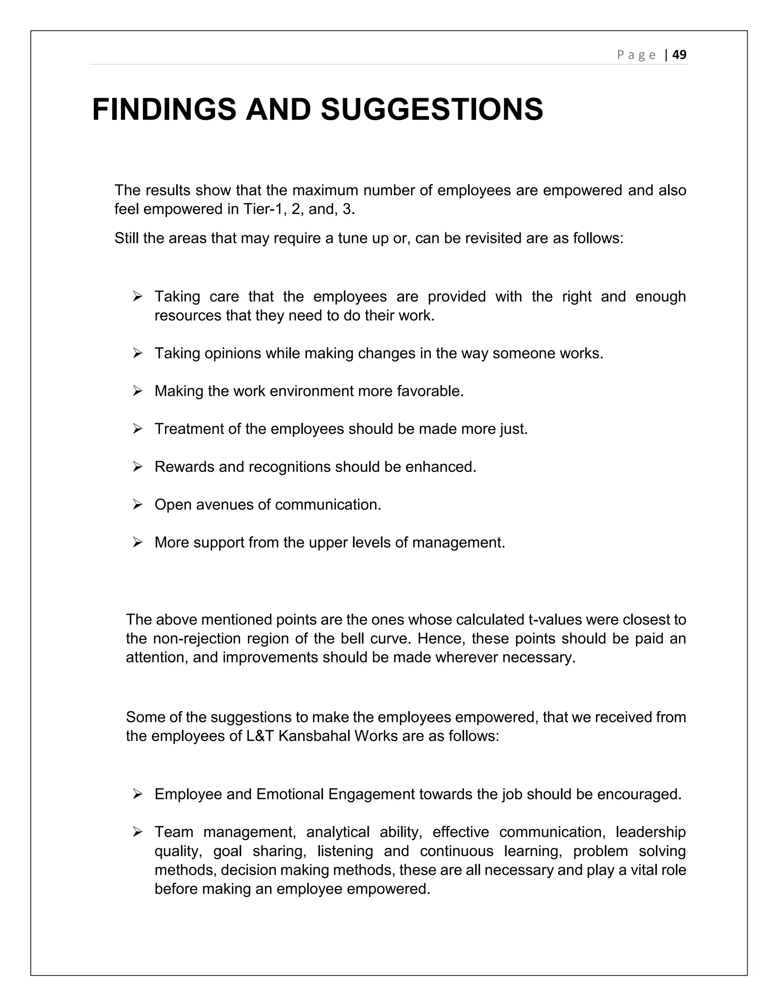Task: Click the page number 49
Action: tap(679, 55)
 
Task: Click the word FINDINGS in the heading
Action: tap(164, 110)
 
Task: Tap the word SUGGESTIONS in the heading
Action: tap(432, 110)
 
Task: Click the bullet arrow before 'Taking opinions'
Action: tap(138, 353)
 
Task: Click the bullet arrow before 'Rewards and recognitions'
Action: tap(138, 467)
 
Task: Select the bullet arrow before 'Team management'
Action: tap(138, 832)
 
